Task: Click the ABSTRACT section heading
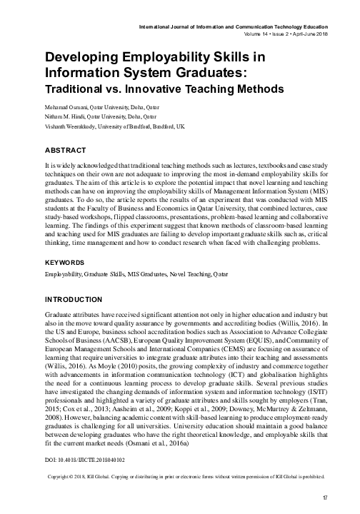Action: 65,151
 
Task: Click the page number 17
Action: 325,497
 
